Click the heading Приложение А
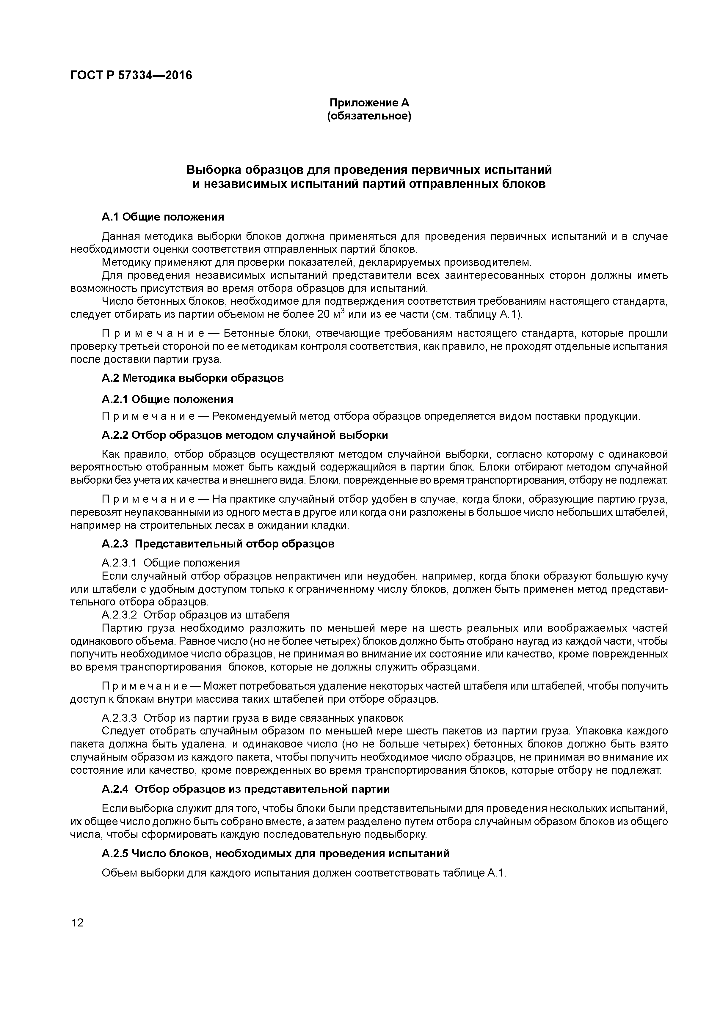tap(369, 103)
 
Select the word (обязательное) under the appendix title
tap(369, 117)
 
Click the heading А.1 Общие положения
tap(163, 217)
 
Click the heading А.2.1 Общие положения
tap(167, 399)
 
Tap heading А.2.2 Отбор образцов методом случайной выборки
tap(244, 435)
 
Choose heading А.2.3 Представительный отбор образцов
tap(218, 544)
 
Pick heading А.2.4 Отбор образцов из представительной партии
tap(245, 789)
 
